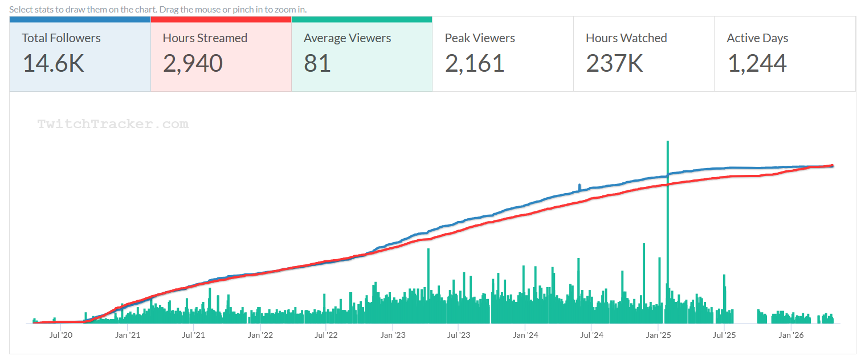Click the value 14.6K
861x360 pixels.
(53, 63)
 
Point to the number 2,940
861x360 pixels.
(193, 63)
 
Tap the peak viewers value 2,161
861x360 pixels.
(475, 63)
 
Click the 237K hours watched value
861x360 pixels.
(614, 63)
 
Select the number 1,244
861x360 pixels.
(757, 63)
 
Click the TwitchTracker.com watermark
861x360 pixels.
(113, 124)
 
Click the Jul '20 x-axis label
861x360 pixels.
(61, 335)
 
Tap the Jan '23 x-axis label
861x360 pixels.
(393, 335)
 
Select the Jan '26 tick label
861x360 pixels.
(791, 335)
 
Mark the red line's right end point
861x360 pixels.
(833, 166)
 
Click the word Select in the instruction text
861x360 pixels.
(21, 10)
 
